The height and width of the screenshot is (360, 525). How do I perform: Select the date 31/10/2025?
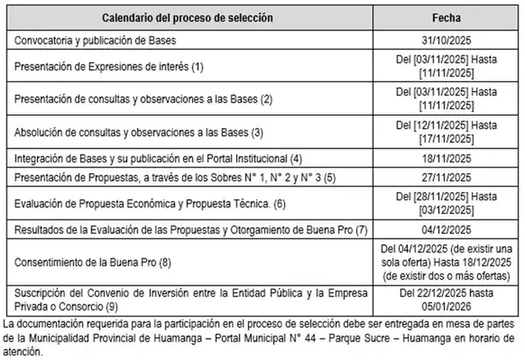tap(446, 39)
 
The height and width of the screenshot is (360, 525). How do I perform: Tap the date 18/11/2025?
tap(446, 157)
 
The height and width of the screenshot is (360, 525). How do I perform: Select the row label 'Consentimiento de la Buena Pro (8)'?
tap(88, 262)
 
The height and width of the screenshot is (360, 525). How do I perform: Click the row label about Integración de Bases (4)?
tap(153, 157)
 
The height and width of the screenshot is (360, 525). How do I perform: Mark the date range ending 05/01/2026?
tap(446, 299)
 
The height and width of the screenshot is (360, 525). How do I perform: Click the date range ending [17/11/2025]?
tap(446, 131)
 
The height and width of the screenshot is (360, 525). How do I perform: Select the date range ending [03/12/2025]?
tap(446, 202)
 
